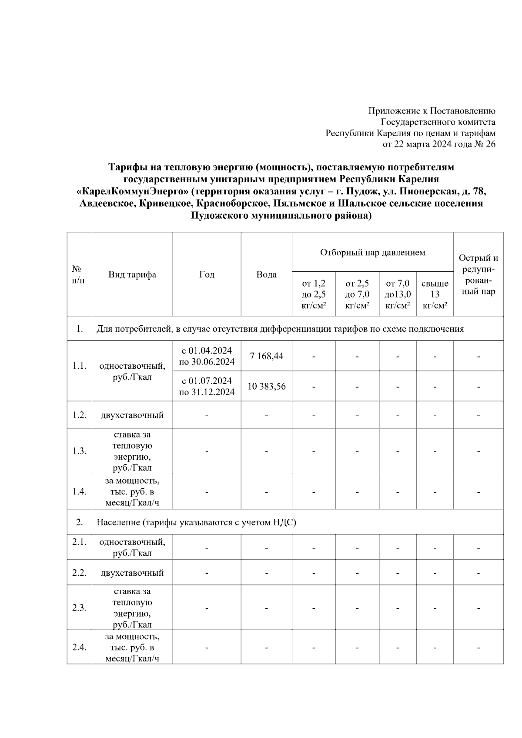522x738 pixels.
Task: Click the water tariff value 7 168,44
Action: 266,356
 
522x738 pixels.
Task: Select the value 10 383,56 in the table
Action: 266,386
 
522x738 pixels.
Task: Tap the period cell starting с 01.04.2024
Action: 207,356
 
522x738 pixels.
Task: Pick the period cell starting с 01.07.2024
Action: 207,386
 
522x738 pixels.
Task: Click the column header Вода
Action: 266,274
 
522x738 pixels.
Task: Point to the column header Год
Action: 207,274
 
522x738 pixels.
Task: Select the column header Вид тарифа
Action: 132,274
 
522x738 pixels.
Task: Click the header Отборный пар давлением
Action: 372,252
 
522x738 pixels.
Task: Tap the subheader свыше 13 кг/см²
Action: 435,294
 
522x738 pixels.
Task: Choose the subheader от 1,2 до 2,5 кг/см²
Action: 314,294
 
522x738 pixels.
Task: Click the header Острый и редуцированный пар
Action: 478,274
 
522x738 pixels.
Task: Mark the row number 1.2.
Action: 79,415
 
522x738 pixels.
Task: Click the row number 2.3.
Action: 79,608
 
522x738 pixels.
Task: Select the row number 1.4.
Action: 79,491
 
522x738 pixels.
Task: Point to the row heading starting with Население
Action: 196,522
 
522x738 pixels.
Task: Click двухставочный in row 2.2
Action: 132,573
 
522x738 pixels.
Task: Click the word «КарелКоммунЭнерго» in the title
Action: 133,191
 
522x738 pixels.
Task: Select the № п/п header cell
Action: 79,274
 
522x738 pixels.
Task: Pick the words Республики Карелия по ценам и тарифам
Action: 410,134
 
